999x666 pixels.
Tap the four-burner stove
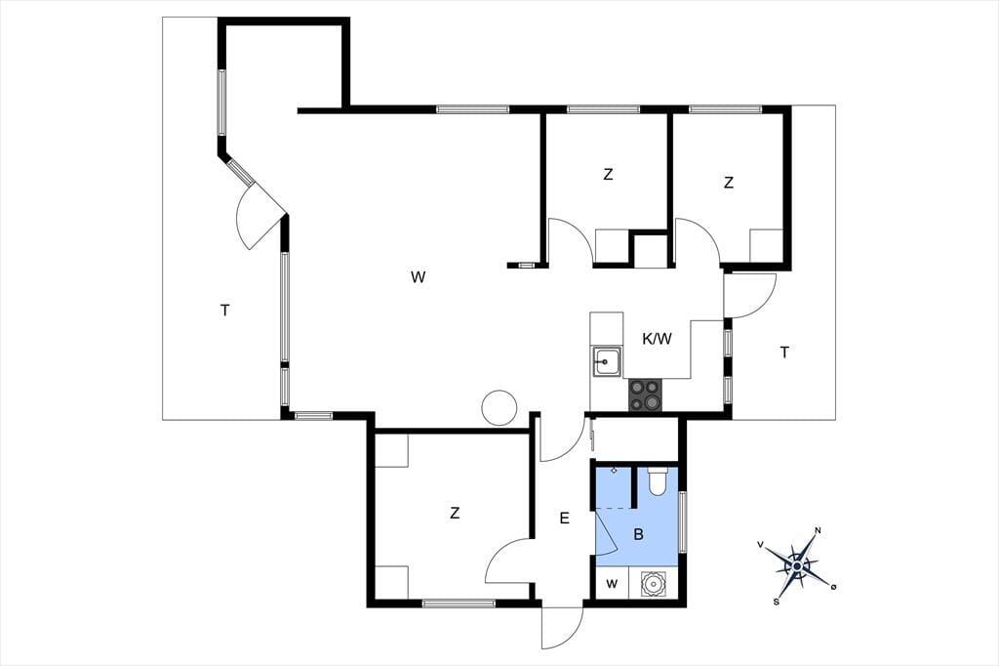click(x=645, y=395)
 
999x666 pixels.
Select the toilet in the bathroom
click(x=657, y=481)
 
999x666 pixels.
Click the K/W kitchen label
click(x=657, y=339)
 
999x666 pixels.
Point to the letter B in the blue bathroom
click(x=638, y=534)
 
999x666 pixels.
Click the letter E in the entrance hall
click(x=564, y=519)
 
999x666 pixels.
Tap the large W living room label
click(x=418, y=277)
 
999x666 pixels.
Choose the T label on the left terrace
click(x=225, y=311)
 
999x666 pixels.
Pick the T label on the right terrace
click(x=784, y=353)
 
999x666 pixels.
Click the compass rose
click(x=797, y=565)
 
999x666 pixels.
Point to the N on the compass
click(x=819, y=531)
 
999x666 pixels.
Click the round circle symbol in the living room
click(x=499, y=407)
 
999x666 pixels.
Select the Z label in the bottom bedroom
click(x=455, y=513)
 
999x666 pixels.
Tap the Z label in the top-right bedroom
click(x=728, y=183)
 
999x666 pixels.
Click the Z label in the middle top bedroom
click(x=608, y=174)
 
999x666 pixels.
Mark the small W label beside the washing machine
click(x=612, y=584)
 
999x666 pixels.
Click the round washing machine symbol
click(x=652, y=583)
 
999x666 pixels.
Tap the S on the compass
click(x=776, y=602)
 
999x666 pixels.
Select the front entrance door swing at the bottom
click(x=563, y=626)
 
